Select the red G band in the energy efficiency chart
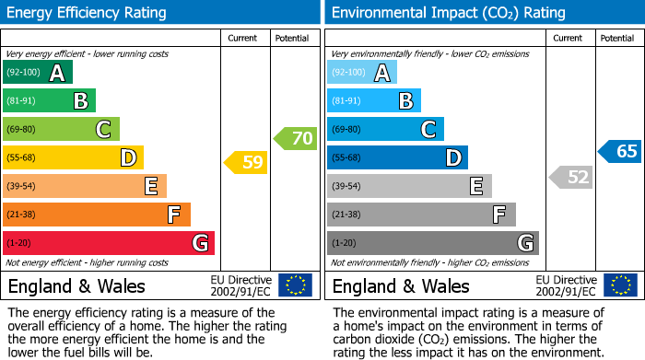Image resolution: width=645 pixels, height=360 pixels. click(109, 243)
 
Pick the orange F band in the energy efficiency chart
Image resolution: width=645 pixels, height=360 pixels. click(97, 215)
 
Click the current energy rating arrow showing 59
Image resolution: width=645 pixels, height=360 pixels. click(246, 163)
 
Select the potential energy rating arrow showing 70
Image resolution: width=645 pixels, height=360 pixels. click(296, 139)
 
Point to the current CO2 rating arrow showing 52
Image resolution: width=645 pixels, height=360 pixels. click(570, 177)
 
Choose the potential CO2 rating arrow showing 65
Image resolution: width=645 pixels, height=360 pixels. click(620, 152)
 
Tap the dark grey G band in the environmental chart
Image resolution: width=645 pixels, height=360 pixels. click(433, 243)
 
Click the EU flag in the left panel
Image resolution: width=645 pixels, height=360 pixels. click(295, 285)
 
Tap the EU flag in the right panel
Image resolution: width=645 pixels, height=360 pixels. click(619, 285)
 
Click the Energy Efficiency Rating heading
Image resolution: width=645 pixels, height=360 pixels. click(88, 13)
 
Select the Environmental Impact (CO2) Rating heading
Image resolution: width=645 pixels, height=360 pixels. click(449, 13)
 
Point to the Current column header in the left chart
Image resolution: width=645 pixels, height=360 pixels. click(242, 38)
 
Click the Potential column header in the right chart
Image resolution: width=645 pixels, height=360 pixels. click(616, 38)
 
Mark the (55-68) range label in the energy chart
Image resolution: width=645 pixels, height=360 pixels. click(22, 158)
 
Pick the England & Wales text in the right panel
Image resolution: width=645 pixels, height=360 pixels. click(401, 286)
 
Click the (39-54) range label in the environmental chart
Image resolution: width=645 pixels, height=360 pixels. click(346, 187)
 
